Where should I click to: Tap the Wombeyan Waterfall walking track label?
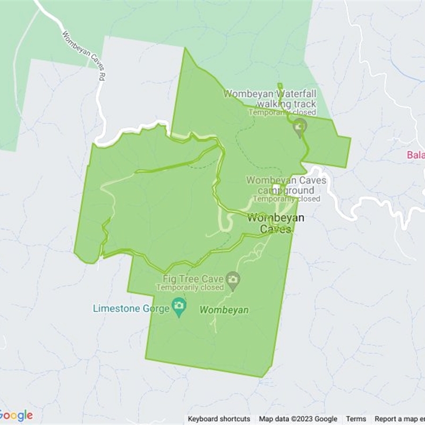[270, 98]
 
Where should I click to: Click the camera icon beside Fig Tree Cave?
[232, 278]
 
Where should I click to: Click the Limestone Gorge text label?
[131, 309]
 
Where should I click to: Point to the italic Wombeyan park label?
[224, 310]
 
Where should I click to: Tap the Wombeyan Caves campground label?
[286, 185]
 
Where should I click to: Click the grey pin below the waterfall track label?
[300, 127]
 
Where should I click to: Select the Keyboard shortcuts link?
[219, 419]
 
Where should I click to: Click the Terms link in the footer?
[356, 419]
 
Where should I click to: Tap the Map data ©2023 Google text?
[298, 419]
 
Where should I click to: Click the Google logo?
[16, 415]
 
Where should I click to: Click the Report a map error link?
[399, 419]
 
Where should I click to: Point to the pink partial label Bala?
[416, 156]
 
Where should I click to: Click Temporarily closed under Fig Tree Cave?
[190, 287]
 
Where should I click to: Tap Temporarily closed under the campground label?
[286, 199]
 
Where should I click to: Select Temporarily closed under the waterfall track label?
[282, 112]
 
